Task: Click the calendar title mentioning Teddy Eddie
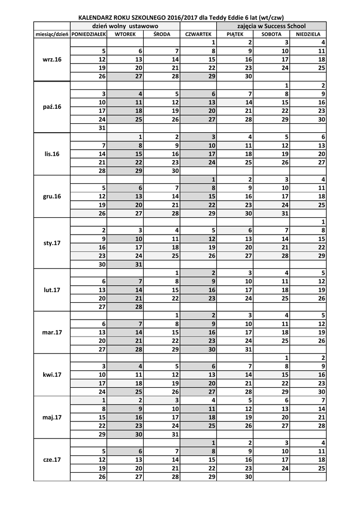pos(180,17)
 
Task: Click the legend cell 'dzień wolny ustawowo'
pos(125,25)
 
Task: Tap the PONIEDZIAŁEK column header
pos(89,34)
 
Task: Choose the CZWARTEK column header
pos(198,34)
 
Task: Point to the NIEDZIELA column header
pos(308,34)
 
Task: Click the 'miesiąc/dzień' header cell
pos(52,34)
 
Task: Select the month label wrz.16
pos(52,59)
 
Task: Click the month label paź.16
pos(52,106)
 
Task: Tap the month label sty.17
pos(52,243)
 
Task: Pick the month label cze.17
pos(52,460)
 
